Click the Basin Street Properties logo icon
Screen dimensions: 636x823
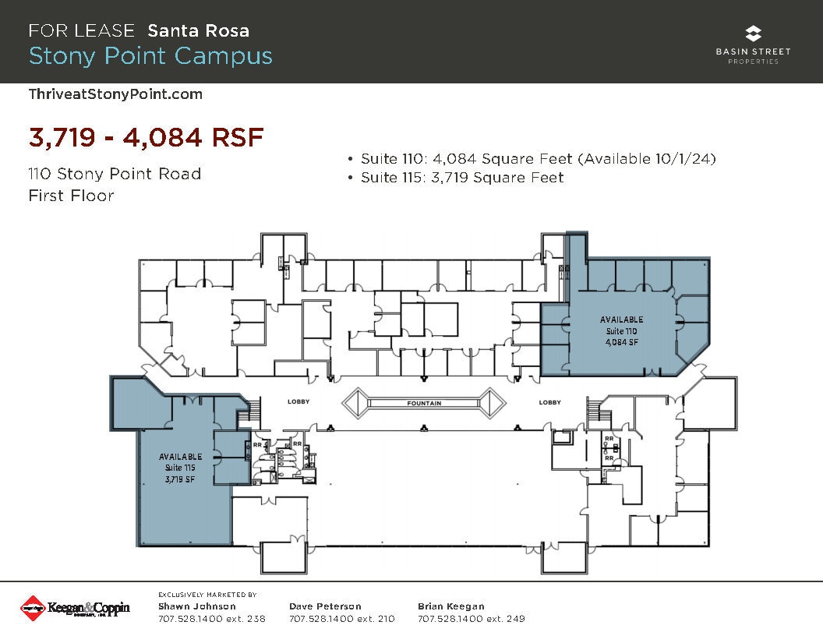pyautogui.click(x=753, y=34)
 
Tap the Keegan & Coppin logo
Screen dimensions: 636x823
pyautogui.click(x=75, y=608)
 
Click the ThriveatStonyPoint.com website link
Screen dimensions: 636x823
pyautogui.click(x=115, y=94)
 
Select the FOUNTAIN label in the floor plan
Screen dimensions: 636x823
pyautogui.click(x=424, y=403)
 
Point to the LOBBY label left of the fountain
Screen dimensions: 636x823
pyautogui.click(x=298, y=402)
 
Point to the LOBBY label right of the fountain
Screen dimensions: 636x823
pyautogui.click(x=550, y=402)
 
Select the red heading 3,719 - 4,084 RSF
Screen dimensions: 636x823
pyautogui.click(x=147, y=137)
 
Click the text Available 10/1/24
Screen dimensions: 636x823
pyautogui.click(x=646, y=159)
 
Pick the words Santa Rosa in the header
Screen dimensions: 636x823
pyautogui.click(x=199, y=30)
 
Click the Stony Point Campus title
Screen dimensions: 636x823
pyautogui.click(x=150, y=56)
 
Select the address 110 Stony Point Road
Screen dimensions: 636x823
pyautogui.click(x=115, y=173)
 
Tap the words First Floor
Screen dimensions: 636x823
pyautogui.click(x=71, y=196)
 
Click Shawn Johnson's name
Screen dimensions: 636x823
pyautogui.click(x=196, y=606)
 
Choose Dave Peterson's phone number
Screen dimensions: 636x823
pyautogui.click(x=341, y=619)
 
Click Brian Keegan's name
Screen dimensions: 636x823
pyautogui.click(x=451, y=606)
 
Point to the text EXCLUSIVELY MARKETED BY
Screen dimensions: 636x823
pyautogui.click(x=207, y=594)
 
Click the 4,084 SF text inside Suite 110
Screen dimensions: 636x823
pyautogui.click(x=621, y=342)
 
